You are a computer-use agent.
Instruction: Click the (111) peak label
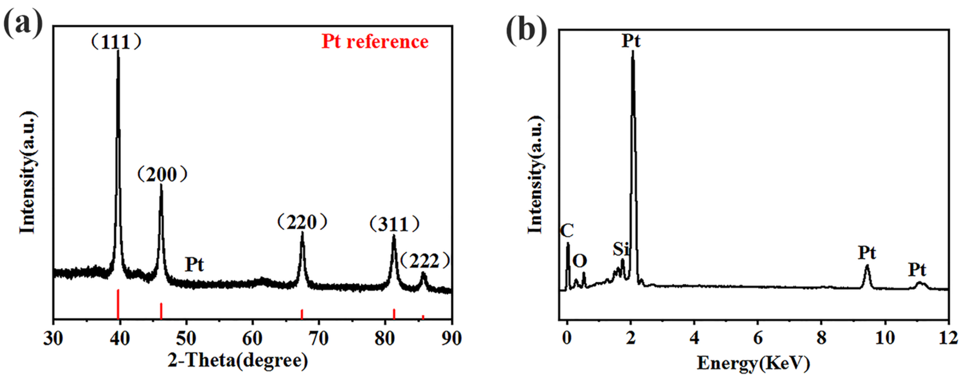[x=116, y=42]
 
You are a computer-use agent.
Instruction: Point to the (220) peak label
[x=302, y=223]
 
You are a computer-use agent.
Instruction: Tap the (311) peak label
[x=394, y=225]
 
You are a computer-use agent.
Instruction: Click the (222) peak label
[x=425, y=262]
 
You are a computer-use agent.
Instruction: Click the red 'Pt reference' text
[x=375, y=42]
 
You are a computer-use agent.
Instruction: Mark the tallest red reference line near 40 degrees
[x=118, y=304]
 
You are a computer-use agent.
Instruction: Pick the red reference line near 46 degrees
[x=161, y=310]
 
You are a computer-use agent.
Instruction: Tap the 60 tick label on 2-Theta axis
[x=252, y=339]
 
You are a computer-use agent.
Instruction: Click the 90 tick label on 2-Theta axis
[x=452, y=339]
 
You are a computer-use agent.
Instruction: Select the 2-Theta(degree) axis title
[x=238, y=361]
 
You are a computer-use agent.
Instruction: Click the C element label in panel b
[x=567, y=231]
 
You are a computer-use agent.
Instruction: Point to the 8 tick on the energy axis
[x=821, y=339]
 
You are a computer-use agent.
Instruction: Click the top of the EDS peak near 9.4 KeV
[x=867, y=276]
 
